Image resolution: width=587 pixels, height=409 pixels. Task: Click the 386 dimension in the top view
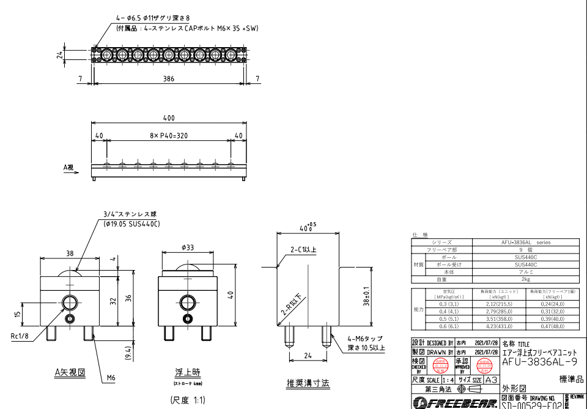[x=168, y=78]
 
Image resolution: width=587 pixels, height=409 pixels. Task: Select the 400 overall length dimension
[x=168, y=118]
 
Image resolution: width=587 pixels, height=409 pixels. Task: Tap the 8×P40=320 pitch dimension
[x=168, y=135]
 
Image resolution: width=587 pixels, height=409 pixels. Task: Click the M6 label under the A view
[x=111, y=378]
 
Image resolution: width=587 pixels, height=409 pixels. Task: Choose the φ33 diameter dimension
[x=187, y=247]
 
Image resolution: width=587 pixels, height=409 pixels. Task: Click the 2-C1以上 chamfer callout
[x=303, y=249]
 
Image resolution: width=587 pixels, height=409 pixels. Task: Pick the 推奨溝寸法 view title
[x=308, y=383]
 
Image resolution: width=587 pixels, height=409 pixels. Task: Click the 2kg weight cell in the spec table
[x=525, y=279]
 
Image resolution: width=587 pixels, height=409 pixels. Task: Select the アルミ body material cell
[x=525, y=271]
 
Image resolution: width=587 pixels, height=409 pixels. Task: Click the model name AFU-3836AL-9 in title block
[x=539, y=362]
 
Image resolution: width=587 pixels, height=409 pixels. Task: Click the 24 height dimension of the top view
[x=59, y=54]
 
